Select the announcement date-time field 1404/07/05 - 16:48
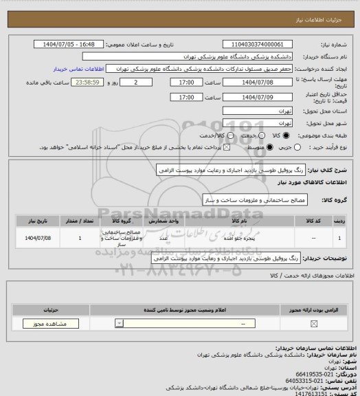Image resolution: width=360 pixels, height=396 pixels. (x=69, y=44)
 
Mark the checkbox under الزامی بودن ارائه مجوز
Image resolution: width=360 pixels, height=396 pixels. (x=314, y=323)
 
